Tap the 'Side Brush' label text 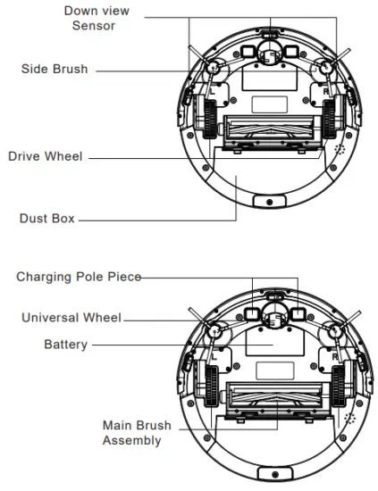click(55, 69)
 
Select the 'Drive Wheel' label click(46, 156)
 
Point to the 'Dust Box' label click(47, 217)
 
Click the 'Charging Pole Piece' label click(79, 277)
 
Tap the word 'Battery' click(67, 344)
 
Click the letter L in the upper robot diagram click(213, 90)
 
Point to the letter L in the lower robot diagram click(213, 355)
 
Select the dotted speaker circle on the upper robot click(339, 153)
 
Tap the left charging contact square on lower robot click(256, 293)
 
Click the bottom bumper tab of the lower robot click(266, 472)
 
